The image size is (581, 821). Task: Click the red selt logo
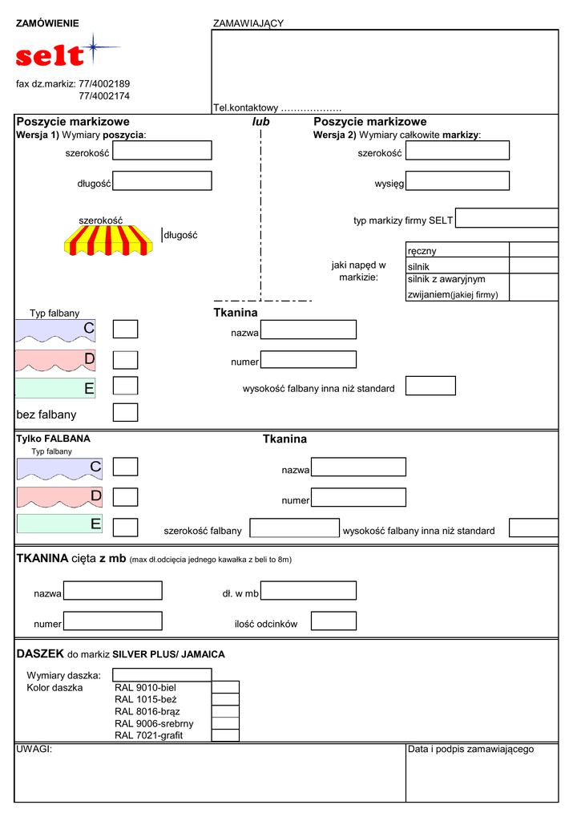[x=50, y=55]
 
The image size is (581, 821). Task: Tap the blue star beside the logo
[x=92, y=49]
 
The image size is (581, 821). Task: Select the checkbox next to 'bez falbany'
[x=125, y=413]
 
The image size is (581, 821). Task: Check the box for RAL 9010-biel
[x=225, y=687]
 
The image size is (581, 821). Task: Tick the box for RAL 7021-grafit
[x=225, y=735]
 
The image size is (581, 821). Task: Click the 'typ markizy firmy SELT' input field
[x=506, y=218]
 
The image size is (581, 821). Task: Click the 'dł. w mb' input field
[x=309, y=591]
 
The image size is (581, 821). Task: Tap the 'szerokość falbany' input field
[x=295, y=528]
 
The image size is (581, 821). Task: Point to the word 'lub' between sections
[x=261, y=122]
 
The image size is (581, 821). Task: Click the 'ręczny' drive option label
[x=422, y=251]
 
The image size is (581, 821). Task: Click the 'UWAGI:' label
[x=34, y=749]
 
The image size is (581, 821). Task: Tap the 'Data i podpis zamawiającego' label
[x=470, y=749]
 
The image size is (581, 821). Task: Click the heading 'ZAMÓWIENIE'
[x=48, y=23]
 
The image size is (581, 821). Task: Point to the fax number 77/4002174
[x=104, y=96]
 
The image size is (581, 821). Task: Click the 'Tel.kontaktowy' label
[x=245, y=107]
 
